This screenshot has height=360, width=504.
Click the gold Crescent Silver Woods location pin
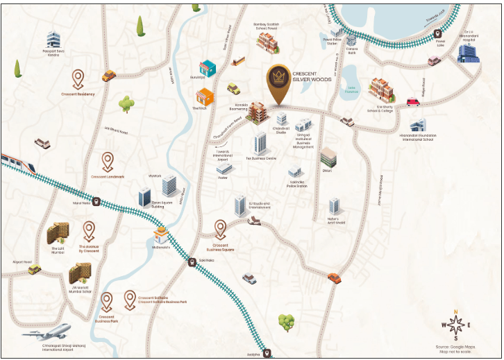[278, 85]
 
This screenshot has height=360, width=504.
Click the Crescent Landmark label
[108, 177]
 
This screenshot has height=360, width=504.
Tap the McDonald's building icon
[160, 234]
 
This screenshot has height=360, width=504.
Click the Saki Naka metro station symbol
[192, 262]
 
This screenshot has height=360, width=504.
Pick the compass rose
[455, 325]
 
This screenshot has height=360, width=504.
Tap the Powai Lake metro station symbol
[438, 33]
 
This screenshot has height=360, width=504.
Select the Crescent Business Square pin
[221, 228]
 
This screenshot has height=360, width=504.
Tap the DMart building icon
[328, 157]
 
